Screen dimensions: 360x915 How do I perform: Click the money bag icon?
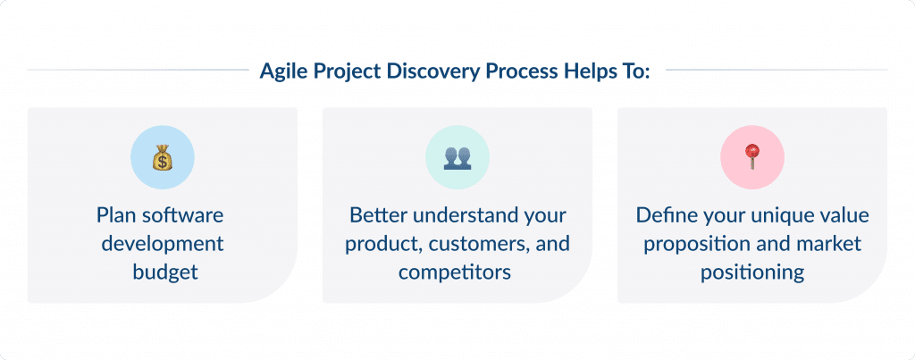click(x=162, y=158)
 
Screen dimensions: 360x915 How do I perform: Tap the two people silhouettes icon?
click(x=457, y=158)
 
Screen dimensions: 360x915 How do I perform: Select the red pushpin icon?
click(x=751, y=157)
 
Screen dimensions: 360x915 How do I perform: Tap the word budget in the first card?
click(x=162, y=272)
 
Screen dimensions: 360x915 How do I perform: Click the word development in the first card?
click(x=162, y=243)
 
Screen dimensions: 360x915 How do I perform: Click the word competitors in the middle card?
click(x=457, y=272)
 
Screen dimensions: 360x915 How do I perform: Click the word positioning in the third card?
click(x=751, y=272)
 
